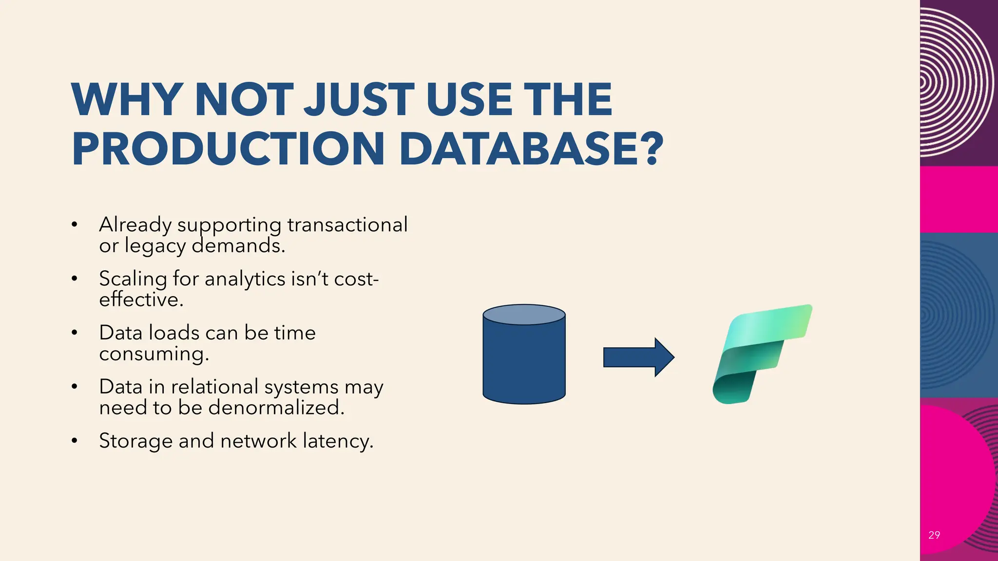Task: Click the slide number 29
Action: [934, 535]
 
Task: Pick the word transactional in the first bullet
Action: [347, 224]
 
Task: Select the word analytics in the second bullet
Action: [245, 279]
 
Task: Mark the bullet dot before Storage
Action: [74, 441]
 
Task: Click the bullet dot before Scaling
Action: [74, 279]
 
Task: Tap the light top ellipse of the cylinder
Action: [524, 315]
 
